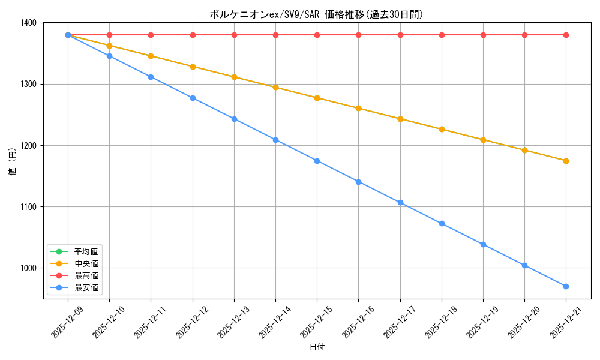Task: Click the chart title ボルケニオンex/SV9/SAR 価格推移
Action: pos(316,14)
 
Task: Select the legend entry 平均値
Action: pos(86,251)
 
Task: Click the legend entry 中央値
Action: pos(86,263)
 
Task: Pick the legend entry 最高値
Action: pos(86,276)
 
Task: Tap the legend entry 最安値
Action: pos(86,288)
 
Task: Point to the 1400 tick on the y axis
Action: pos(29,23)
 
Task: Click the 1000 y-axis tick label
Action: pos(29,268)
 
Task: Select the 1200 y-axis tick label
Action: pos(29,146)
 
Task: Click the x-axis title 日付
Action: pos(317,347)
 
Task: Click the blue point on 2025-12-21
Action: pos(566,286)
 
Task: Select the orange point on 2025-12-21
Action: pos(566,161)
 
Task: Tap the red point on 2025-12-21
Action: pos(566,35)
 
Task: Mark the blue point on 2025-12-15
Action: pos(317,161)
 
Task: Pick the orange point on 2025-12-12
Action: pos(193,67)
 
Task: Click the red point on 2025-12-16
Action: pos(358,35)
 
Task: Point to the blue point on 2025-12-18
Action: pos(442,223)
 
